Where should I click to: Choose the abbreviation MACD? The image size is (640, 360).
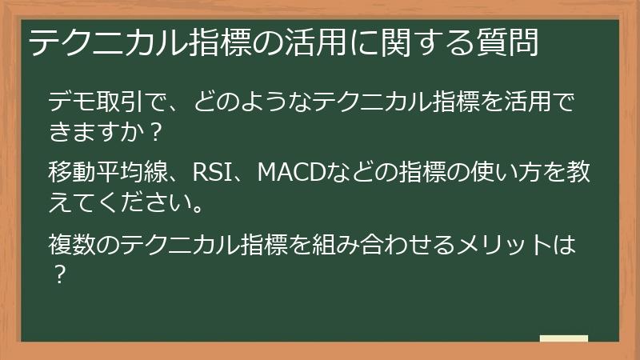289,172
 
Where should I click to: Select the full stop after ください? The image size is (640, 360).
197,206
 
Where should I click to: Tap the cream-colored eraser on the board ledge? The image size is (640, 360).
563,339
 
